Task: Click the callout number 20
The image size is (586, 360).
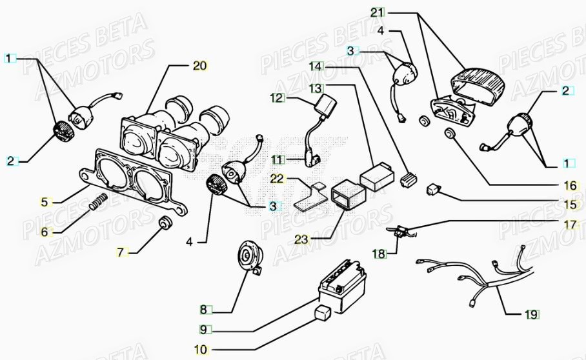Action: click(x=199, y=65)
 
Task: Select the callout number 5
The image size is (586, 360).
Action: click(x=45, y=202)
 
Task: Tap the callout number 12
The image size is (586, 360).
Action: click(x=277, y=99)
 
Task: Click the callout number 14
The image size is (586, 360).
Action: click(x=314, y=66)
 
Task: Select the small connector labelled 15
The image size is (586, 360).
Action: click(x=432, y=190)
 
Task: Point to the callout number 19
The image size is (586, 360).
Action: click(x=530, y=315)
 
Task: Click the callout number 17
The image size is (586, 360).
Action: click(x=569, y=226)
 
